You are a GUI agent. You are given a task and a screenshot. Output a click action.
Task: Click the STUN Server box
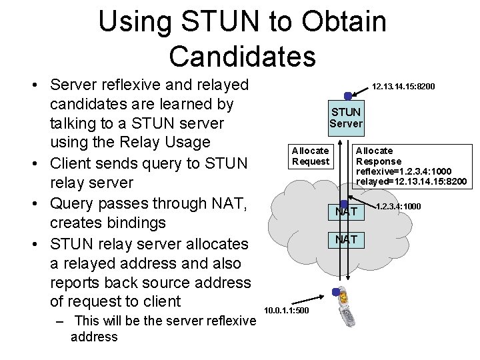[346, 118]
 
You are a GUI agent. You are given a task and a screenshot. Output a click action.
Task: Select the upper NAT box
[346, 212]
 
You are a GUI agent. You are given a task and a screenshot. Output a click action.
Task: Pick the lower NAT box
[346, 240]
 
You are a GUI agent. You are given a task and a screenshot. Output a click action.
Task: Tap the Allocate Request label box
[311, 157]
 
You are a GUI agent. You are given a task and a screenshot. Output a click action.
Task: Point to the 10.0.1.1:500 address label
[287, 311]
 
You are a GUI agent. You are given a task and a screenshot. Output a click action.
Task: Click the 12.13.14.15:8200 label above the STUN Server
[403, 87]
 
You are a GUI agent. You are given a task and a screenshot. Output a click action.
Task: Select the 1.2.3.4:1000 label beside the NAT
[398, 206]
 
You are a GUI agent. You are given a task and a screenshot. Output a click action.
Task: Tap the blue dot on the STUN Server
[348, 96]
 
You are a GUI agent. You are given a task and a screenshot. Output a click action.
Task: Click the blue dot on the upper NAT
[344, 203]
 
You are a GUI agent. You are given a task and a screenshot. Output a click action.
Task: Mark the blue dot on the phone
[336, 292]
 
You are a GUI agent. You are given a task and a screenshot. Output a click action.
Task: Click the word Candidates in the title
[243, 57]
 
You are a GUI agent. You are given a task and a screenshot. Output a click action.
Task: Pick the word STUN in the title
[220, 21]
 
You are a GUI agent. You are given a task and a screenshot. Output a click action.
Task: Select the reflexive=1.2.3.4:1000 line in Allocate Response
[404, 171]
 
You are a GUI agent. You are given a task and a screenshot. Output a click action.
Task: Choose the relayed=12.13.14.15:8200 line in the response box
[411, 181]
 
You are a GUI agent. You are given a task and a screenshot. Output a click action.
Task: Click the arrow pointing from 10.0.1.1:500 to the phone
[307, 300]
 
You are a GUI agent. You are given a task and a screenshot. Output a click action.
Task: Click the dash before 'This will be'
[60, 322]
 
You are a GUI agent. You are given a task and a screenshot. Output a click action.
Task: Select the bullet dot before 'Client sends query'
[35, 164]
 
